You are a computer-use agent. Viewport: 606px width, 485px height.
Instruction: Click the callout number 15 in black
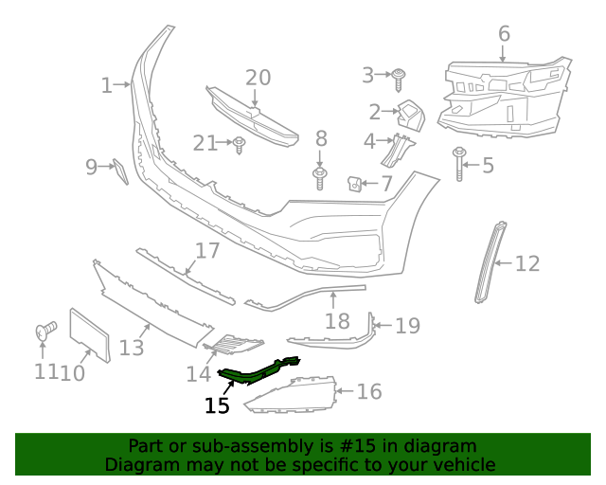[217, 405]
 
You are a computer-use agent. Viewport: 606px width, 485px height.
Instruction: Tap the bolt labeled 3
[399, 76]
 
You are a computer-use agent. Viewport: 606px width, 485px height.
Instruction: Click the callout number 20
[258, 78]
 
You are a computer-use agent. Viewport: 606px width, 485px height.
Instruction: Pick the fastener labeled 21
[240, 144]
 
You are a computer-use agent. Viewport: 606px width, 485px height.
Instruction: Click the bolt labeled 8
[320, 176]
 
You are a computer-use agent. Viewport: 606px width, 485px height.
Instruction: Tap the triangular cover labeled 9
[120, 172]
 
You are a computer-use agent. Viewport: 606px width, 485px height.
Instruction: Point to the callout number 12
[527, 263]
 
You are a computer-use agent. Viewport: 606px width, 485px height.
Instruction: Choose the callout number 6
[504, 34]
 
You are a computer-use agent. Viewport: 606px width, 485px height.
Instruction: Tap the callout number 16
[368, 390]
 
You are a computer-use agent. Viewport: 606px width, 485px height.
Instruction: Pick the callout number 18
[337, 321]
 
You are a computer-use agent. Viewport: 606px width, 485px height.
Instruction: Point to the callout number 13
[132, 348]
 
